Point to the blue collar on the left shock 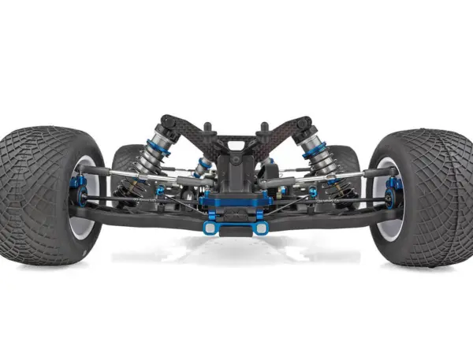click(x=157, y=147)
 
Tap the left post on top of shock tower click(x=207, y=127)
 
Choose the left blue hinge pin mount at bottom click(x=210, y=228)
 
